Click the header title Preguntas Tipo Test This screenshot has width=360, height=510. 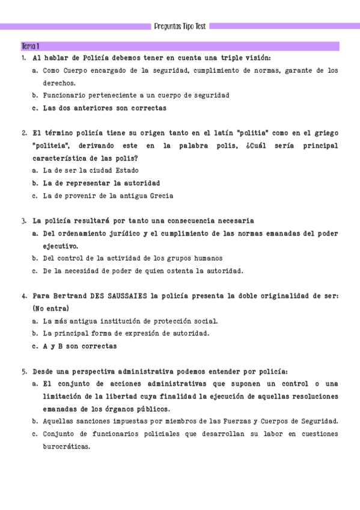[x=180, y=26]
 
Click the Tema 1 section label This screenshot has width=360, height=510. [x=30, y=46]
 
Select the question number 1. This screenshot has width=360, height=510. [x=23, y=58]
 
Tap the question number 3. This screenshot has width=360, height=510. [x=23, y=221]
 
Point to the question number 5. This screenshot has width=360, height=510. [x=23, y=372]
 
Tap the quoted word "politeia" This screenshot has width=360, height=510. [x=54, y=146]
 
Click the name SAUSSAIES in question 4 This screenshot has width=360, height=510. [x=126, y=296]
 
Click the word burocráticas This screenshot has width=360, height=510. [x=66, y=447]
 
